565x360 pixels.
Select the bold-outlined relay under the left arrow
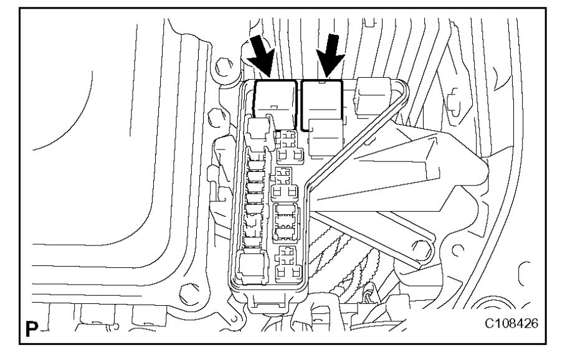click(x=276, y=100)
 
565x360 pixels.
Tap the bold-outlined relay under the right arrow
click(x=321, y=103)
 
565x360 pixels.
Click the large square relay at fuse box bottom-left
click(x=254, y=267)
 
